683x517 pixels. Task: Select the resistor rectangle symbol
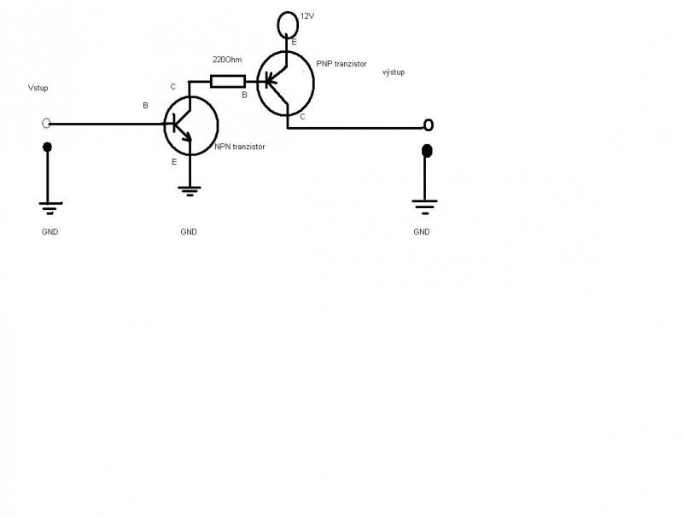coord(227,81)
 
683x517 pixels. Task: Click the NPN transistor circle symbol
coord(190,125)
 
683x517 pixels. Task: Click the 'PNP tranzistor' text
coord(341,65)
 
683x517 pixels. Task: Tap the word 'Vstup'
coord(39,88)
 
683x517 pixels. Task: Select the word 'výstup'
coord(394,73)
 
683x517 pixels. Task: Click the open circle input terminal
coord(47,124)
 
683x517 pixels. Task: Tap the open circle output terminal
coord(429,125)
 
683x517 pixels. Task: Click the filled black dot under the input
coord(48,148)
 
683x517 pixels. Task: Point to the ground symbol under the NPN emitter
coord(189,189)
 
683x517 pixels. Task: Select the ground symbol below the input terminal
coord(48,206)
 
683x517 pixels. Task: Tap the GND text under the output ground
coord(422,231)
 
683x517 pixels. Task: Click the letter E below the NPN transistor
coord(173,161)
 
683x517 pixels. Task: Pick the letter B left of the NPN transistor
coord(146,107)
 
